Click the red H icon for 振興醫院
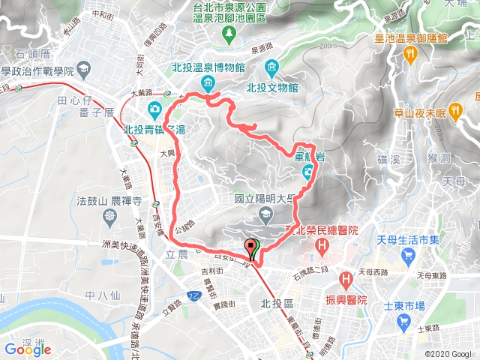coord(346,280)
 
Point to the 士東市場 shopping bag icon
coord(406,323)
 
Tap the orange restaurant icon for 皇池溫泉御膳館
coord(409,53)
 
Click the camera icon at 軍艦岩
coord(308,174)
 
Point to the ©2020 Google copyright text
coord(448,354)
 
